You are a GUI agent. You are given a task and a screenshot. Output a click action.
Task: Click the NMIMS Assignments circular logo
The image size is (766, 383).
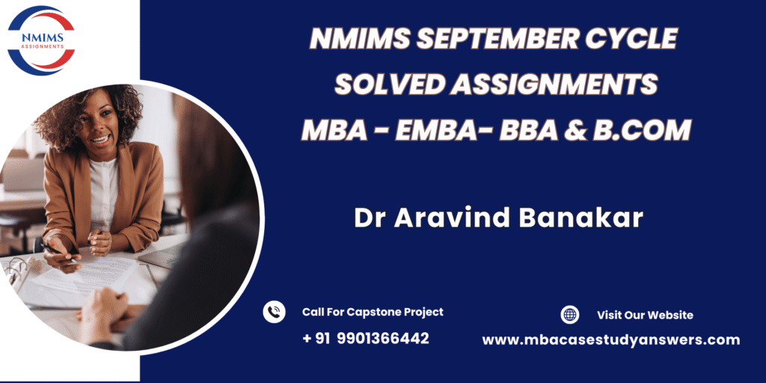41,40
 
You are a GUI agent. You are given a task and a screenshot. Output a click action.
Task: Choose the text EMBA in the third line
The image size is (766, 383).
433,130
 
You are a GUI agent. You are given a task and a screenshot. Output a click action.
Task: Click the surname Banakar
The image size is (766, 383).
580,219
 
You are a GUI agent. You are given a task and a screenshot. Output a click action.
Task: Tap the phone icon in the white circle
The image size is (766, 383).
274,312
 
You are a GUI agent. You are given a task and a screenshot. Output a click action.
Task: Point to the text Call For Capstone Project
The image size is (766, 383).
373,312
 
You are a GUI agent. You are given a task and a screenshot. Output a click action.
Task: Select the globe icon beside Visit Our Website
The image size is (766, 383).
569,315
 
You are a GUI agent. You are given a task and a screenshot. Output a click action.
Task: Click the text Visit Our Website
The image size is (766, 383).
645,315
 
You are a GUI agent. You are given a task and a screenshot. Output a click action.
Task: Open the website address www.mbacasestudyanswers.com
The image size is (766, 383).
611,340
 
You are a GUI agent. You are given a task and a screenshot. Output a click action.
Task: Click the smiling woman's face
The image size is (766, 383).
99,128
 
